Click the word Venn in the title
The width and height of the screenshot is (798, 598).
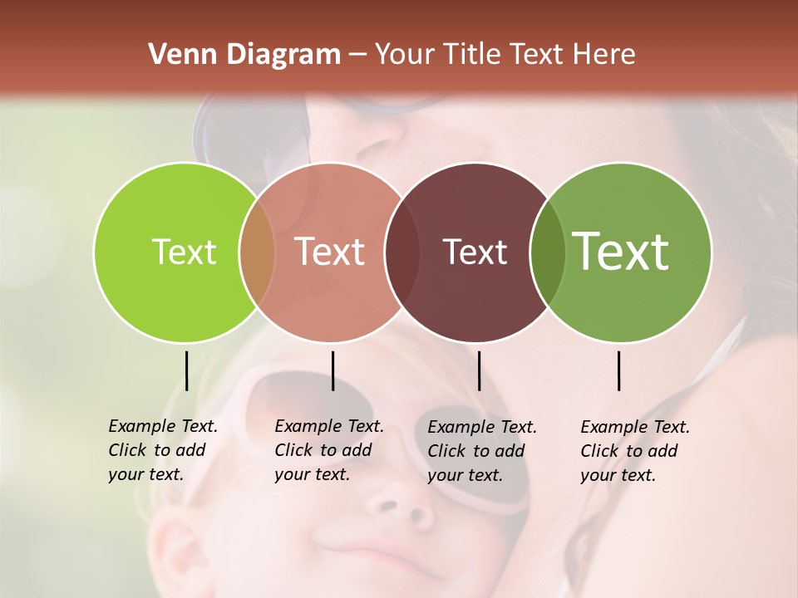coord(179,55)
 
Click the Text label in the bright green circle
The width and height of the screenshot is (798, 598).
coord(184,252)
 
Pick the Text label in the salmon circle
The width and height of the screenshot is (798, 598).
coord(329,252)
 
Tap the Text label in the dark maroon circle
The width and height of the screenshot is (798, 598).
coord(475,252)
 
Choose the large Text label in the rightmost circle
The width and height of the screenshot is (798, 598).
coord(620,252)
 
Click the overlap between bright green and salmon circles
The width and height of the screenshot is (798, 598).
coord(257,252)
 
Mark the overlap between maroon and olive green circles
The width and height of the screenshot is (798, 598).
coord(547,252)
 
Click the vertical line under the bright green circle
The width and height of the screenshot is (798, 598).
coord(186,370)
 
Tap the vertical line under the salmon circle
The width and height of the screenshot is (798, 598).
coord(332,370)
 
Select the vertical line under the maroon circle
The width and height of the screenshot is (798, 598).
coord(479,370)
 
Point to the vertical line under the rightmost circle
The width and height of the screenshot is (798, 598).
coord(619,370)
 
